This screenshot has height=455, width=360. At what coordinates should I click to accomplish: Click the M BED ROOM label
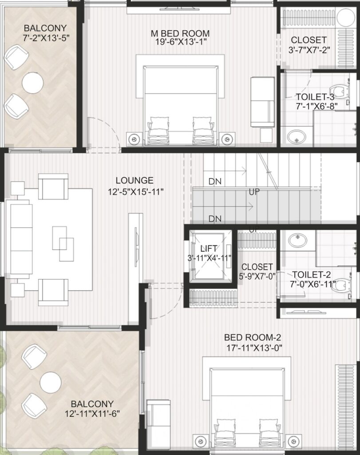tap(180, 33)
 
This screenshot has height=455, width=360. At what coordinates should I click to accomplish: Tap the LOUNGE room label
tap(135, 180)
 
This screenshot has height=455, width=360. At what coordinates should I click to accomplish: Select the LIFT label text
tap(208, 248)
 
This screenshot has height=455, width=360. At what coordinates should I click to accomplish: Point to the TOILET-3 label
tap(315, 96)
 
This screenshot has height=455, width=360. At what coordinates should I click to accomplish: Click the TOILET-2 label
tap(311, 274)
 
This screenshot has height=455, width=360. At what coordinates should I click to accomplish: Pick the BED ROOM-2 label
tap(253, 337)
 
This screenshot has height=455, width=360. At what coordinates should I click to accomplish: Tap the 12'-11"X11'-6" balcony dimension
tap(92, 413)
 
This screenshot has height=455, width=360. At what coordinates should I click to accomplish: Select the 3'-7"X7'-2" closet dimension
tap(309, 50)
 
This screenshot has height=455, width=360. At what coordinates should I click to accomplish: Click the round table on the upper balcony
tap(32, 83)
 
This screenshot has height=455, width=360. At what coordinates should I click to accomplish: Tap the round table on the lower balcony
tap(51, 383)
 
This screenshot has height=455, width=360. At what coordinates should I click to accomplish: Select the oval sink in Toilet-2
tap(297, 240)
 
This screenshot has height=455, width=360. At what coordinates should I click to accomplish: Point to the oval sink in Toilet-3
tap(296, 137)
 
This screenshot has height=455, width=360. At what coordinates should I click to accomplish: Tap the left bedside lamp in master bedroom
tap(134, 139)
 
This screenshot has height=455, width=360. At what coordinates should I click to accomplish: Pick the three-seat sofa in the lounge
tap(21, 239)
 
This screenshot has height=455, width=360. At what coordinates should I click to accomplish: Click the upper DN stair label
tap(215, 181)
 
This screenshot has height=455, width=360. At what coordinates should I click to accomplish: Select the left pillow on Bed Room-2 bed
tap(224, 425)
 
